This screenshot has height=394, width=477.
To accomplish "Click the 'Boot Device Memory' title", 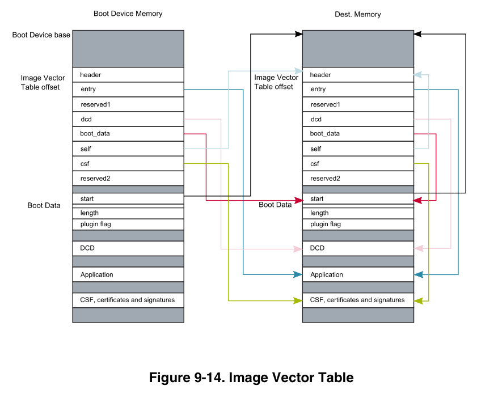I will pyautogui.click(x=128, y=14).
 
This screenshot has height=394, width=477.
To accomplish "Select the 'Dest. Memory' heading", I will pyautogui.click(x=357, y=14).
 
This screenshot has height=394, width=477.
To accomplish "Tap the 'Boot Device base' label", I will pyautogui.click(x=41, y=35).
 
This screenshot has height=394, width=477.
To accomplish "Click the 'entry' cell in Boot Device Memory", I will pyautogui.click(x=128, y=89).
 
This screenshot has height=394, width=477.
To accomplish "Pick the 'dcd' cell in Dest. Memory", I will pyautogui.click(x=358, y=119).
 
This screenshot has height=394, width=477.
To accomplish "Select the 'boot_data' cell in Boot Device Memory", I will pyautogui.click(x=128, y=134).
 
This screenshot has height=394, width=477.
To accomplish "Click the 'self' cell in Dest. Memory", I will pyautogui.click(x=358, y=149).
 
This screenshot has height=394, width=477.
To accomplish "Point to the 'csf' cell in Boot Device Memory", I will pyautogui.click(x=128, y=163).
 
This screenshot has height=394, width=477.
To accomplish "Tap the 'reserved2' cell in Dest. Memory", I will pyautogui.click(x=358, y=178).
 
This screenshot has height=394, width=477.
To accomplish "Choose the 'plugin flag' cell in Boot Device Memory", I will pyautogui.click(x=128, y=224).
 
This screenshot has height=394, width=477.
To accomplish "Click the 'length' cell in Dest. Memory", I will pyautogui.click(x=358, y=213).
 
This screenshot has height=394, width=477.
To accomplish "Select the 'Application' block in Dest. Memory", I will pyautogui.click(x=358, y=274).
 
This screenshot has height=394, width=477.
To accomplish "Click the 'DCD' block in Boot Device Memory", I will pyautogui.click(x=128, y=248).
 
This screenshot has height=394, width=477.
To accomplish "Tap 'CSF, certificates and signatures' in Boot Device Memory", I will pyautogui.click(x=128, y=300).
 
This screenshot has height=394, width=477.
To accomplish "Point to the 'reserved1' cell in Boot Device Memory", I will pyautogui.click(x=128, y=104).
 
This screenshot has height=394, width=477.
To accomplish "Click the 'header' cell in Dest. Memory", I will pyautogui.click(x=358, y=75).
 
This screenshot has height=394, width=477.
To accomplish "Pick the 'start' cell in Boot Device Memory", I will pyautogui.click(x=128, y=199).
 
